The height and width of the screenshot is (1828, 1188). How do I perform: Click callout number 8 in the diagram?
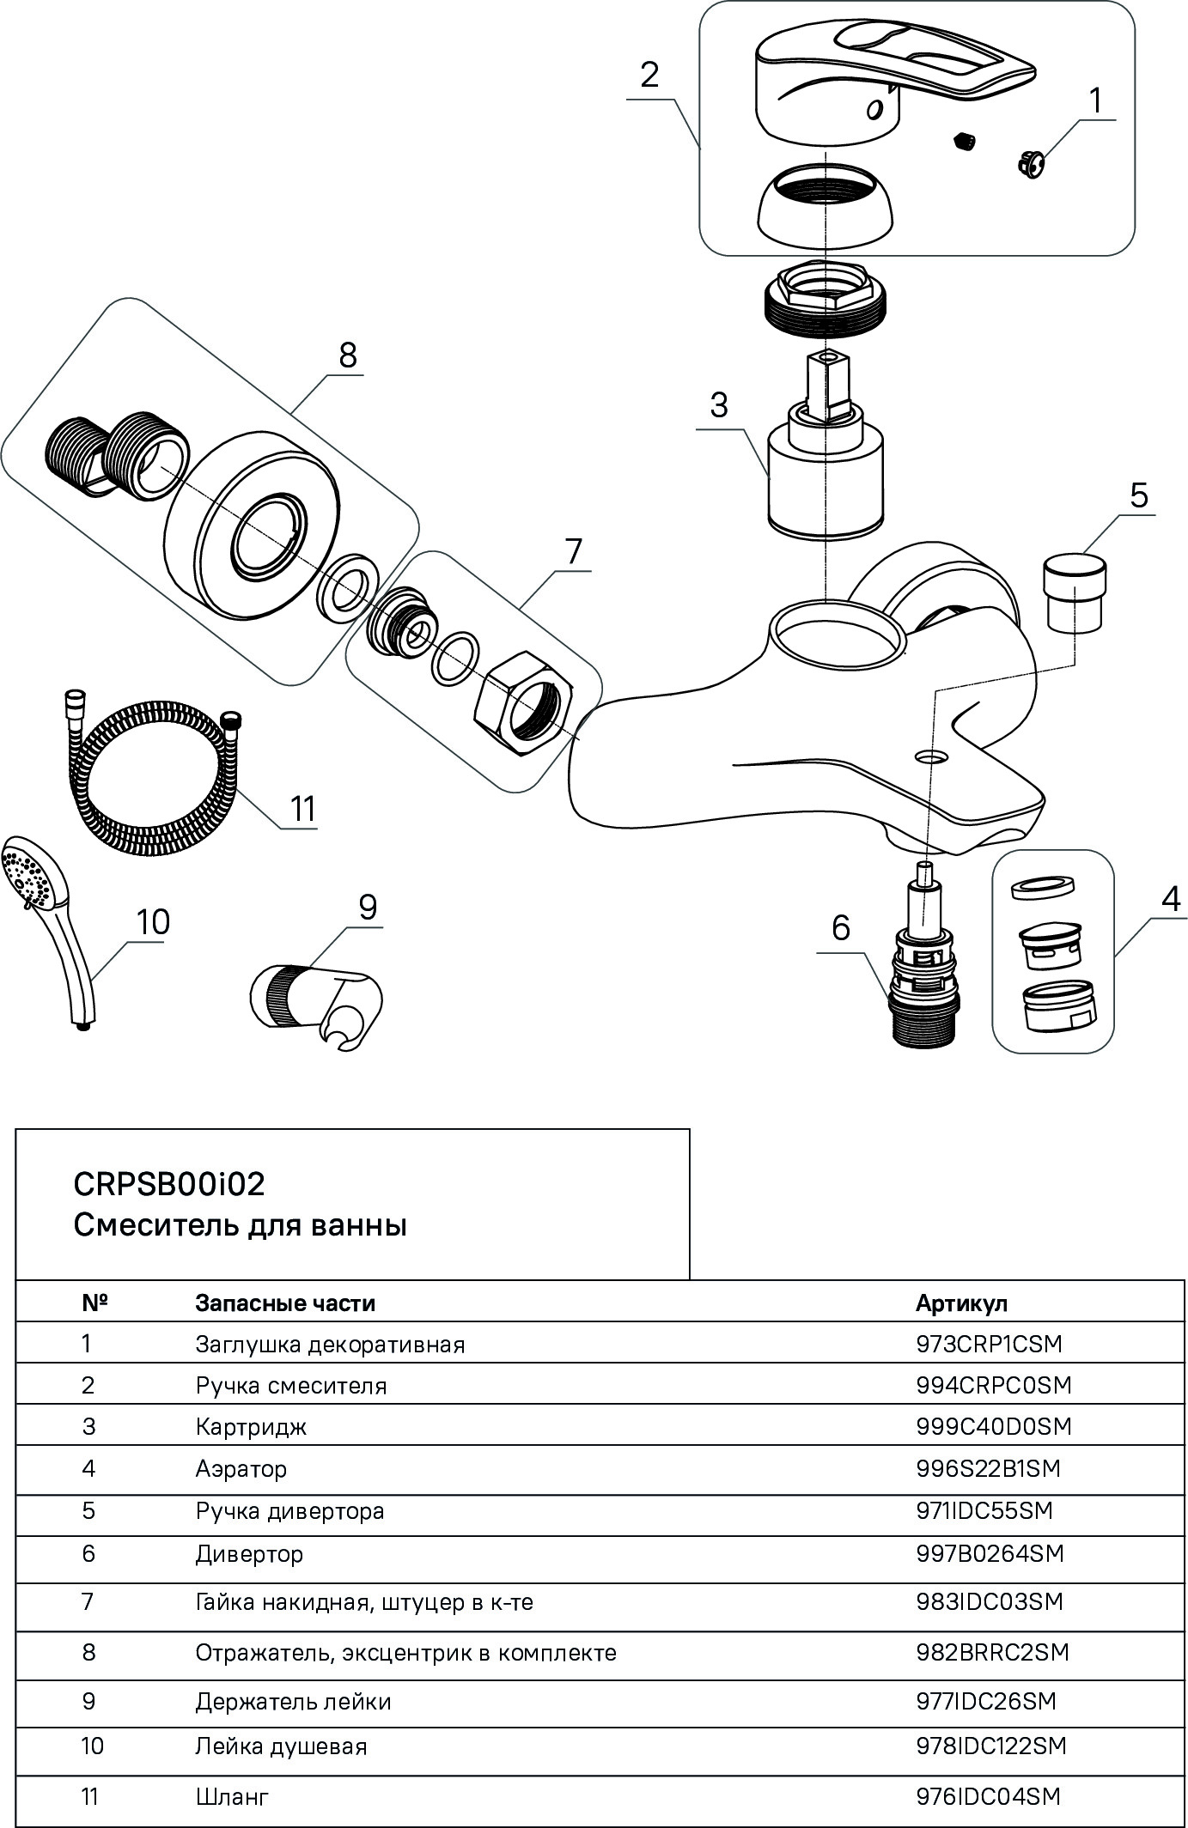click(347, 355)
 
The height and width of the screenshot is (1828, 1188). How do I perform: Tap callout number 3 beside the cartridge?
click(719, 404)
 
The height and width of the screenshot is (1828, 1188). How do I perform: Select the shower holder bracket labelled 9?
click(318, 1000)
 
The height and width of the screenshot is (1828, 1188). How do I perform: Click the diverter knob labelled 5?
click(1074, 593)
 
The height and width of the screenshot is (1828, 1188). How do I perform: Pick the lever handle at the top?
click(885, 77)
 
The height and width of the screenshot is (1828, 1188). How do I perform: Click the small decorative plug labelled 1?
click(1029, 161)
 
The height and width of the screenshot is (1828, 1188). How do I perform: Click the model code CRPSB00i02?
click(169, 1184)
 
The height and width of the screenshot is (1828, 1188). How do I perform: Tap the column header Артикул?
click(961, 1303)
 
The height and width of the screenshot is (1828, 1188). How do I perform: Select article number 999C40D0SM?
click(994, 1427)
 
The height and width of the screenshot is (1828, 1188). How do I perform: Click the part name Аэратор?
click(241, 1469)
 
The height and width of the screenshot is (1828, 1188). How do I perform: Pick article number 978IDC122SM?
click(991, 1746)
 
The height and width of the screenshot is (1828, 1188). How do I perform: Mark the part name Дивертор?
click(249, 1554)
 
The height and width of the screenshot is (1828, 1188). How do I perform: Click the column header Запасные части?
click(285, 1303)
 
